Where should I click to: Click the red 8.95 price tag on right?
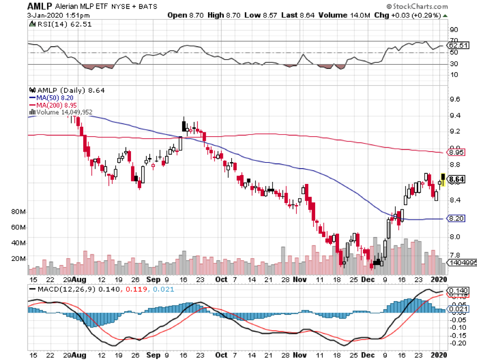(x=456, y=152)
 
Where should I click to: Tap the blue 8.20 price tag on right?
(x=456, y=218)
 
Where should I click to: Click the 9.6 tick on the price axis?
(x=454, y=99)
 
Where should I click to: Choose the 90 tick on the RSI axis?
(x=454, y=30)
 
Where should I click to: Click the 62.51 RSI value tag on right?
(x=458, y=46)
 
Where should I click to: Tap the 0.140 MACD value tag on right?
(x=458, y=291)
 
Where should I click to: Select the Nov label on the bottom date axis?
(x=300, y=279)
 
